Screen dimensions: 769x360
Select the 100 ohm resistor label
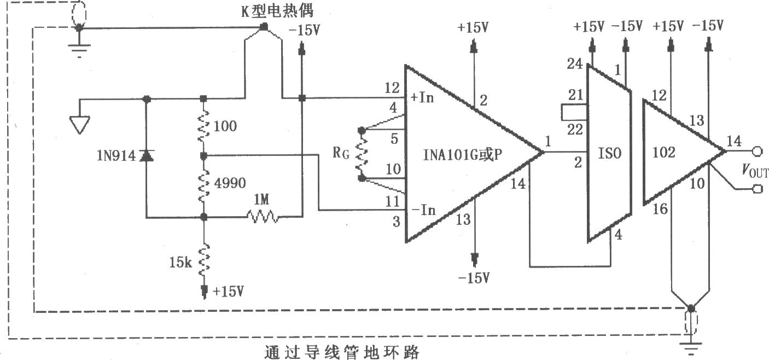[225, 126]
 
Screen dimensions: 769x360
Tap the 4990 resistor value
[230, 183]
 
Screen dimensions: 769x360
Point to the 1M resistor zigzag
[263, 217]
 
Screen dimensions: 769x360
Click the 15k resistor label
[180, 263]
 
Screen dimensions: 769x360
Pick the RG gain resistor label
[341, 153]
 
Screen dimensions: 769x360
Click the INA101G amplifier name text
[462, 155]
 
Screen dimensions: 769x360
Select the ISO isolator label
[610, 153]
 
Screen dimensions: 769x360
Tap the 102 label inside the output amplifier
[663, 152]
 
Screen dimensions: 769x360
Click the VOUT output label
[755, 170]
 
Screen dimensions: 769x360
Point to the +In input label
[422, 97]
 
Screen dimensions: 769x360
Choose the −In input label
[424, 210]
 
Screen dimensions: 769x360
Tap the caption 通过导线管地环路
[342, 352]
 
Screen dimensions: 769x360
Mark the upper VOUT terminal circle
[758, 151]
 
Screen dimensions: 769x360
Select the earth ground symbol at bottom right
[691, 347]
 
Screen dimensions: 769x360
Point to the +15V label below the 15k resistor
[228, 292]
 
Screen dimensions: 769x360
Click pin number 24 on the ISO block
[575, 64]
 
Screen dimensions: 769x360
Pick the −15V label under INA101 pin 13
[474, 277]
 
